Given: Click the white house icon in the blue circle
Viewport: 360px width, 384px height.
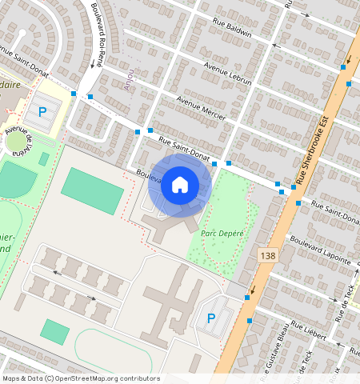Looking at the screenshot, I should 180,186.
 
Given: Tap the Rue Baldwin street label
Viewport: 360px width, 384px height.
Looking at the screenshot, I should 232,29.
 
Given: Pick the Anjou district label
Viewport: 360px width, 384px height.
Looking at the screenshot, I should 129,81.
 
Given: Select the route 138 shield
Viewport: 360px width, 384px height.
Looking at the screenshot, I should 268,254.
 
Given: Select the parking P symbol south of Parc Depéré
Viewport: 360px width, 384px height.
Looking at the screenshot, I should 211,318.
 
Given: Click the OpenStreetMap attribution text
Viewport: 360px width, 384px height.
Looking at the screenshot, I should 80,378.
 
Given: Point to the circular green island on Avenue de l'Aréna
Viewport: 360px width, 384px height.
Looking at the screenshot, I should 16,144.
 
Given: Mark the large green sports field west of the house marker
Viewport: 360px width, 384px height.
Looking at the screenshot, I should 92,191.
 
